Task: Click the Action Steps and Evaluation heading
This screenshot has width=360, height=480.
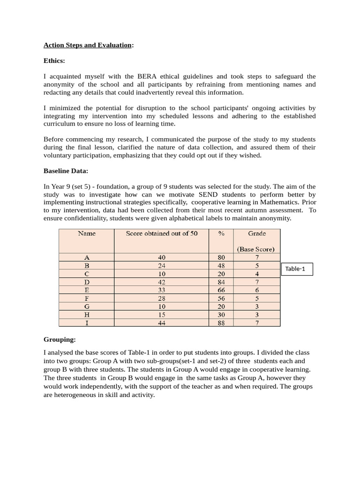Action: [88, 45]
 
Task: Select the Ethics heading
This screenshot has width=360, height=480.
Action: [54, 60]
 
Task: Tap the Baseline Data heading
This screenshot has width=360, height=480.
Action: [66, 171]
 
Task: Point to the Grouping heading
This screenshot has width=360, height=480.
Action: [60, 339]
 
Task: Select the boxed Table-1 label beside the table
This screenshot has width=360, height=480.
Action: [296, 269]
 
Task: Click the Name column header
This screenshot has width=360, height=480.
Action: [86, 233]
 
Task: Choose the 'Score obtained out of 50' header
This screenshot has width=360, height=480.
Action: [162, 233]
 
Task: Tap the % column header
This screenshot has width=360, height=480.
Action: [221, 233]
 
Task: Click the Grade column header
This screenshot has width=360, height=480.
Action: [256, 233]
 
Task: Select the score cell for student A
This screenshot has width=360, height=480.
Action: [162, 257]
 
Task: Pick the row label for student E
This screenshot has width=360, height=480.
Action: [86, 290]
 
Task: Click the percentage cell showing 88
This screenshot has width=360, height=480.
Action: [221, 323]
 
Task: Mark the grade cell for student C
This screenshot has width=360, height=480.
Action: [257, 274]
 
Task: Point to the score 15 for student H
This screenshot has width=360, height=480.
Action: [162, 315]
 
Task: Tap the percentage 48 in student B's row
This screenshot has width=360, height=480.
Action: [221, 265]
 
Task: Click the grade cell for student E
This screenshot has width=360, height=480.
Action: [257, 290]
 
